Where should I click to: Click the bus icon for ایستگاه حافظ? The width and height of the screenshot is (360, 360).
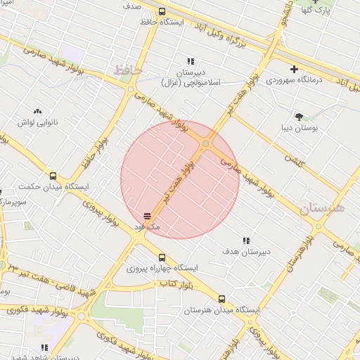pyautogui.click(x=162, y=12)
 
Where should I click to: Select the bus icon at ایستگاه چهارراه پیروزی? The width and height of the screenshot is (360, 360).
pyautogui.click(x=162, y=257)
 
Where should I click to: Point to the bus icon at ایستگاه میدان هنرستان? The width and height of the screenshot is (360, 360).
pyautogui.click(x=222, y=299)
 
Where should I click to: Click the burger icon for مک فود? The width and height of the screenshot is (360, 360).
pyautogui.click(x=147, y=216)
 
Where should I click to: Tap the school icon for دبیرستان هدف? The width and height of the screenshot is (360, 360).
pyautogui.click(x=246, y=240)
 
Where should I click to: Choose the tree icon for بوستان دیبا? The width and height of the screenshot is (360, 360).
pyautogui.click(x=300, y=117)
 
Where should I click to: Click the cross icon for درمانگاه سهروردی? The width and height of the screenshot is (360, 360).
pyautogui.click(x=294, y=69)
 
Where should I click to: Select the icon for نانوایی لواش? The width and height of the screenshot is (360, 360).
pyautogui.click(x=37, y=111)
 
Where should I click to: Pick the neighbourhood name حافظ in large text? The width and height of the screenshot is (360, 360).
pyautogui.click(x=127, y=71)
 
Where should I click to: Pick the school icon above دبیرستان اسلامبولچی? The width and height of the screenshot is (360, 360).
pyautogui.click(x=191, y=62)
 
